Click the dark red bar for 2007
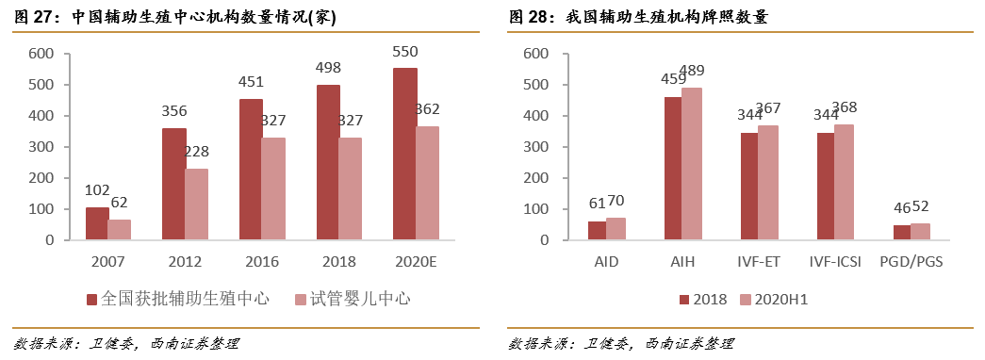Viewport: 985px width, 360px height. tap(96, 223)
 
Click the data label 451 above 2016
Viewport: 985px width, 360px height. tap(251, 82)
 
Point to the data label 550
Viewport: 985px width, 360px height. tap(405, 51)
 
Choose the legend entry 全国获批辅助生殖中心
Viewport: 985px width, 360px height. tap(177, 299)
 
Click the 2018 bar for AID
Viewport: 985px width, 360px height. tap(597, 231)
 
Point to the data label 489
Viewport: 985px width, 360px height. tap(693, 71)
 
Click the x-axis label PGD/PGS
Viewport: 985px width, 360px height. tap(911, 260)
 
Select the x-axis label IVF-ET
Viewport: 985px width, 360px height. tap(758, 260)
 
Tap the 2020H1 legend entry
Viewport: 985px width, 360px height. tap(774, 299)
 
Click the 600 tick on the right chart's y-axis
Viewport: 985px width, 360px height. tap(534, 54)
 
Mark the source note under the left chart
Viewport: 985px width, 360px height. tap(127, 343)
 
